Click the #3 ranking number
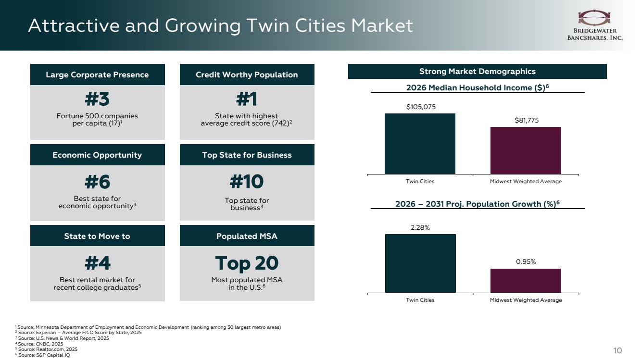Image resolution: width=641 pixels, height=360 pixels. click(97, 99)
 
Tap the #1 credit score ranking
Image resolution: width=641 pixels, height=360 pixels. click(247, 99)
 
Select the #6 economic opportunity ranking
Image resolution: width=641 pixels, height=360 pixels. click(97, 182)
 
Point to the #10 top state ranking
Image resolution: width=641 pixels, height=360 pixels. click(247, 182)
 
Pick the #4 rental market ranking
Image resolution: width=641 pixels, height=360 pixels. click(97, 263)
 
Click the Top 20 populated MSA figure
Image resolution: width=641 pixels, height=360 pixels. click(247, 263)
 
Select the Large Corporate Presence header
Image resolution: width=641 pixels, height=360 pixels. click(97, 74)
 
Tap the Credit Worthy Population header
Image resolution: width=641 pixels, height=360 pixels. click(247, 74)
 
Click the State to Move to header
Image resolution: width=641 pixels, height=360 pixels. click(97, 236)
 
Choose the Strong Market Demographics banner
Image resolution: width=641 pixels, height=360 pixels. click(478, 71)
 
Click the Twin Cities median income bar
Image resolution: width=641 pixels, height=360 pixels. click(420, 144)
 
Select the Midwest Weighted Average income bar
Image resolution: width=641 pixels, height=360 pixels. click(526, 150)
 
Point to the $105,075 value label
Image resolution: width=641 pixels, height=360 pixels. click(421, 107)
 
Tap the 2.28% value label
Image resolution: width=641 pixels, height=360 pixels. click(420, 228)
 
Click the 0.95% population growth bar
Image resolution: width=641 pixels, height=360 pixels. click(526, 281)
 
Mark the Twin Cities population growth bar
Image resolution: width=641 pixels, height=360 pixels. click(420, 264)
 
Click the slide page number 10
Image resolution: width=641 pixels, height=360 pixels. click(617, 350)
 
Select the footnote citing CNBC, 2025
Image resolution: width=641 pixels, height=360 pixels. click(39, 344)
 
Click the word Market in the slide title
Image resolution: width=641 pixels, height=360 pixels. click(382, 26)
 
